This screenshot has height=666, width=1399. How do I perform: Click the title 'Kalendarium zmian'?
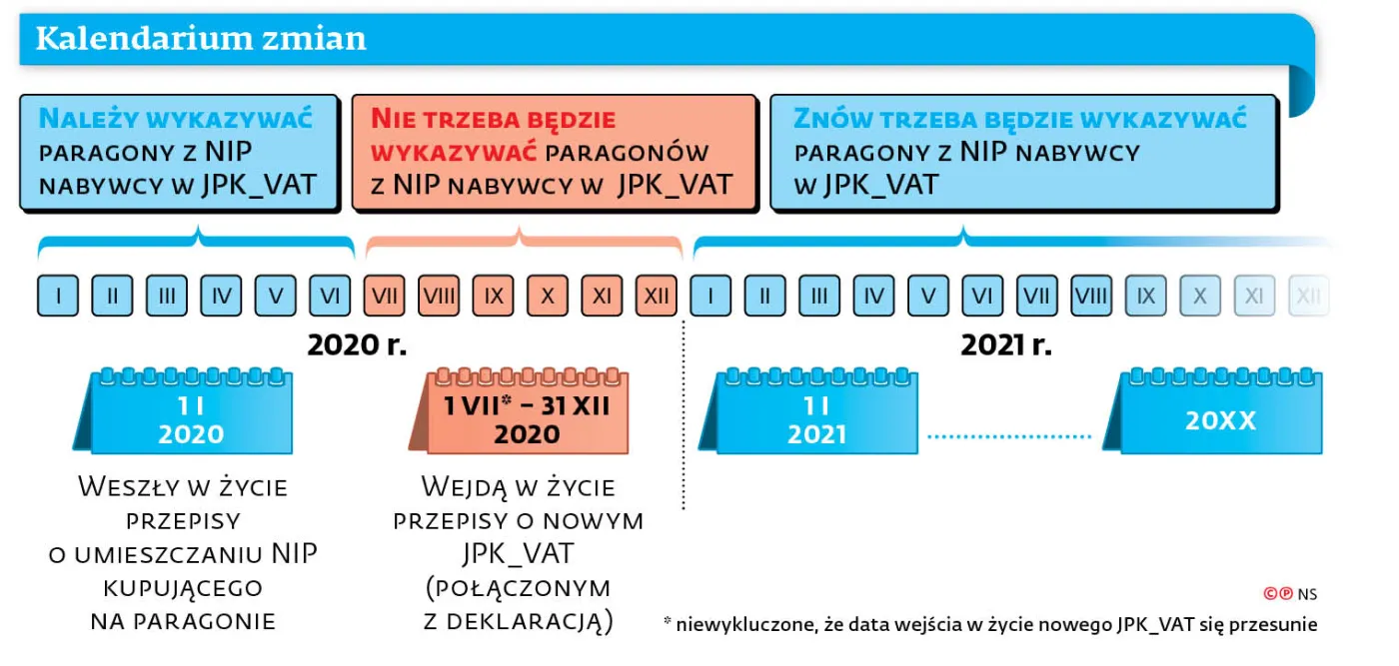201,38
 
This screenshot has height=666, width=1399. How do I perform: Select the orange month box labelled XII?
657,296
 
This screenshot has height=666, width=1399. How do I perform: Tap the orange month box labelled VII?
385,296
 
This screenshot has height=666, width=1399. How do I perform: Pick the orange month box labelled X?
548,296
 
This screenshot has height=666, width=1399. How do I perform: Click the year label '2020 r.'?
357,344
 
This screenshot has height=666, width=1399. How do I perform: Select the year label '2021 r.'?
1006,344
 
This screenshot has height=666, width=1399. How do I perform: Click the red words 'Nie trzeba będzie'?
494,119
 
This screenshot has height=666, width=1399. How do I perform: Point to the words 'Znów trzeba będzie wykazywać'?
1020,119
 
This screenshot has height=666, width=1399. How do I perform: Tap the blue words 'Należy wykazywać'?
176,119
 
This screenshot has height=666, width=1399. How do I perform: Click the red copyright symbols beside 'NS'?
1278,593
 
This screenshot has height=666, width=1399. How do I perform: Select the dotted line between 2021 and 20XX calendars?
1009,436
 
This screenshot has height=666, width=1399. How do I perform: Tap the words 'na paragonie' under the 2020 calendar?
183,622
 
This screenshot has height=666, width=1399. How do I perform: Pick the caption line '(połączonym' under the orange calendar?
519,588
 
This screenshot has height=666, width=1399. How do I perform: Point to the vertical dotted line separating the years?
684,415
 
